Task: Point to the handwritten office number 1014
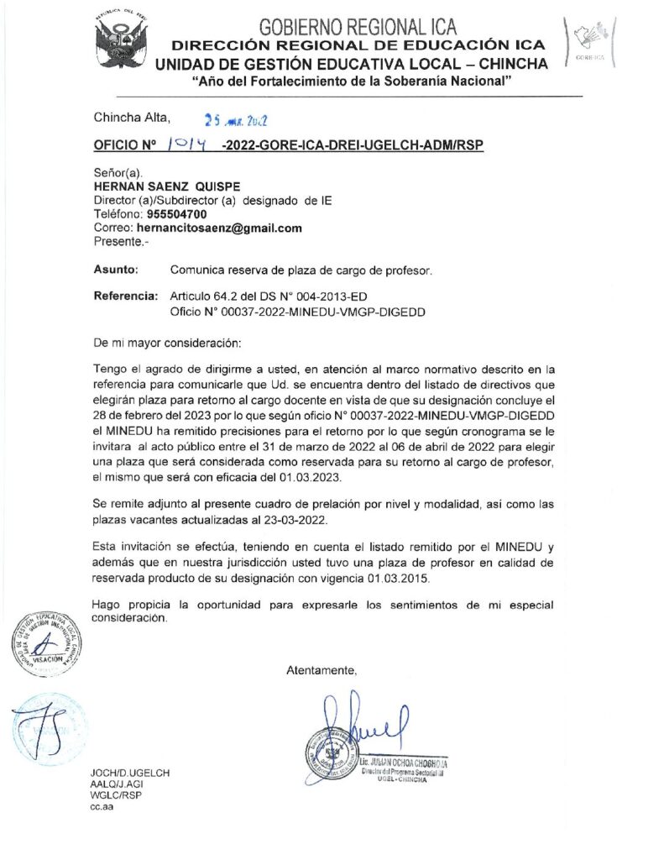[x=188, y=145]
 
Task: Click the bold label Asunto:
[x=117, y=270]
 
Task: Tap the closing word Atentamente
[x=322, y=670]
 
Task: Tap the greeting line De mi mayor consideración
[x=167, y=343]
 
